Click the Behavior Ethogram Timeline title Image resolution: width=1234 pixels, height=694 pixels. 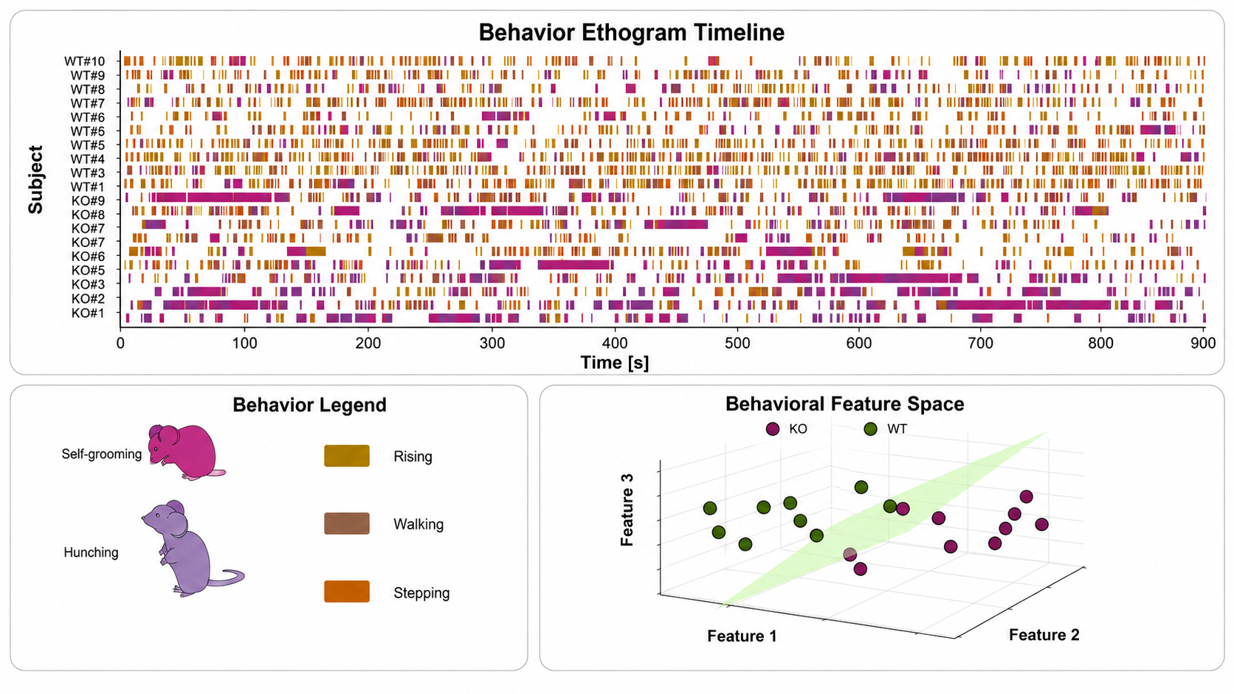tap(631, 32)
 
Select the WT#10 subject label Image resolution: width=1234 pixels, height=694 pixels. tap(84, 61)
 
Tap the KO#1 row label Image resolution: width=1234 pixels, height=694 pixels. tap(88, 313)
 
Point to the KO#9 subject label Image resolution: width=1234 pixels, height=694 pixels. tap(88, 201)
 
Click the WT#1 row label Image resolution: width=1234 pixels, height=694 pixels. tap(88, 187)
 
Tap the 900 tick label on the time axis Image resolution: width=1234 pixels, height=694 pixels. tap(1203, 344)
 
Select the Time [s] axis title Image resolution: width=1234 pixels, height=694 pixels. tap(615, 363)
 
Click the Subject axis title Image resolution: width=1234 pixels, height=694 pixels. tap(36, 179)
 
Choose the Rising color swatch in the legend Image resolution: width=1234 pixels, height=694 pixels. tap(347, 456)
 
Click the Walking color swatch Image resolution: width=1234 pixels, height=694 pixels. tap(347, 524)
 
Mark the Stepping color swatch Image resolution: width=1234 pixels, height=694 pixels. tap(347, 591)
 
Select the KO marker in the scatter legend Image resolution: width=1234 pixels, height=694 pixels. tap(773, 429)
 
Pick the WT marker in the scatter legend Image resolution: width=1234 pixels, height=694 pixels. tap(870, 429)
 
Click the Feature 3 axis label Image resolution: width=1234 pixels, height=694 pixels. tap(627, 510)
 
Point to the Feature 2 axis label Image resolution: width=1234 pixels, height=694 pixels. tap(1044, 635)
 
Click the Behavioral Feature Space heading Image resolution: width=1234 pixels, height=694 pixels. tap(844, 404)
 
